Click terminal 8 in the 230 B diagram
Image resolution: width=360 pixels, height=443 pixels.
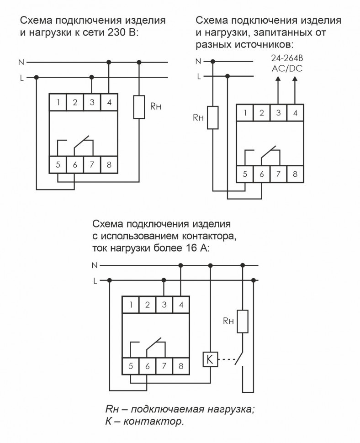[x=109, y=165]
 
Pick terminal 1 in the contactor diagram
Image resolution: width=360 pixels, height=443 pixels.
[x=131, y=305]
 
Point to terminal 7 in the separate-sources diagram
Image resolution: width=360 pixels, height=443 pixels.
[x=278, y=174]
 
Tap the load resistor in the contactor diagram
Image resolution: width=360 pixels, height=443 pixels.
[x=243, y=322]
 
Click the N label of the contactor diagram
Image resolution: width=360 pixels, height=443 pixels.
[x=95, y=265]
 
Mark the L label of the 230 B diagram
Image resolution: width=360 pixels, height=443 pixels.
[x=21, y=78]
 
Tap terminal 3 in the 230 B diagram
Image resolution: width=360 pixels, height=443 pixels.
[x=92, y=102]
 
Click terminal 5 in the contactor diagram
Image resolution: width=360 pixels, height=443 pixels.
[x=131, y=366]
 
